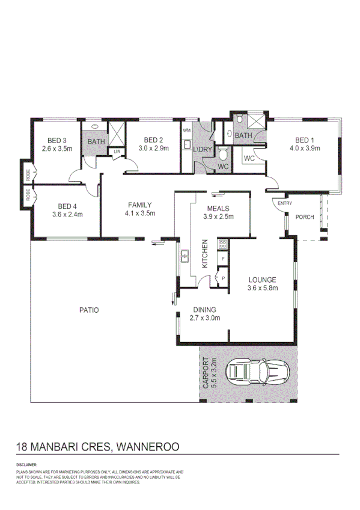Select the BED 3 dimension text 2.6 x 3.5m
pos(57,148)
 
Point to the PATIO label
pos(88,310)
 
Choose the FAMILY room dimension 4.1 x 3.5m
pos(140,213)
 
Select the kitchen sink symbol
pos(185,257)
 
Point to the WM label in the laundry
pos(186,131)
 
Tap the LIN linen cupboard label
pos(117,151)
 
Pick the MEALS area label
pos(217,208)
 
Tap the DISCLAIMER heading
pos(26,465)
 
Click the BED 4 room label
pos(66,205)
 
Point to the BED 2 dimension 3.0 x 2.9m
pos(154,148)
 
